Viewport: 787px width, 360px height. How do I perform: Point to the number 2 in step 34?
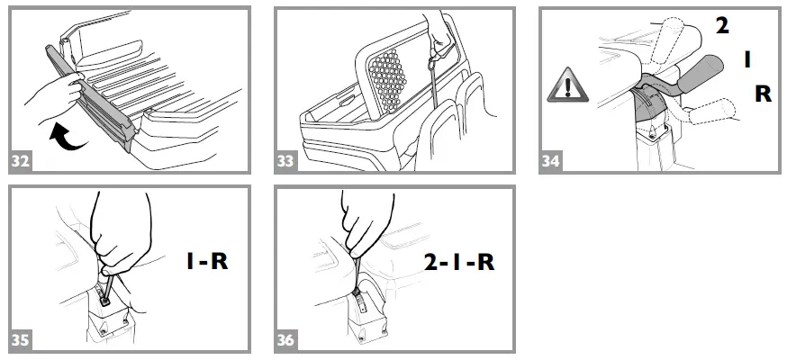pyautogui.click(x=722, y=26)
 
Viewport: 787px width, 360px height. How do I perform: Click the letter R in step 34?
pyautogui.click(x=762, y=93)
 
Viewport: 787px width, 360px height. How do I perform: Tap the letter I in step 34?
pyautogui.click(x=746, y=59)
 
